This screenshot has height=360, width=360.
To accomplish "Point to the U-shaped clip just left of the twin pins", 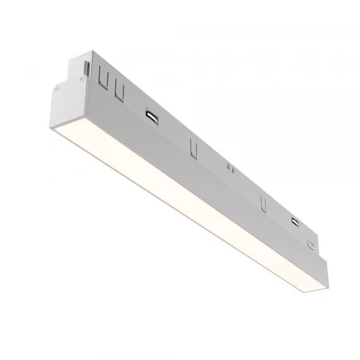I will pos(191,147).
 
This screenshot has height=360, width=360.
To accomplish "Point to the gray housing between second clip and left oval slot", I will pos(134,102).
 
